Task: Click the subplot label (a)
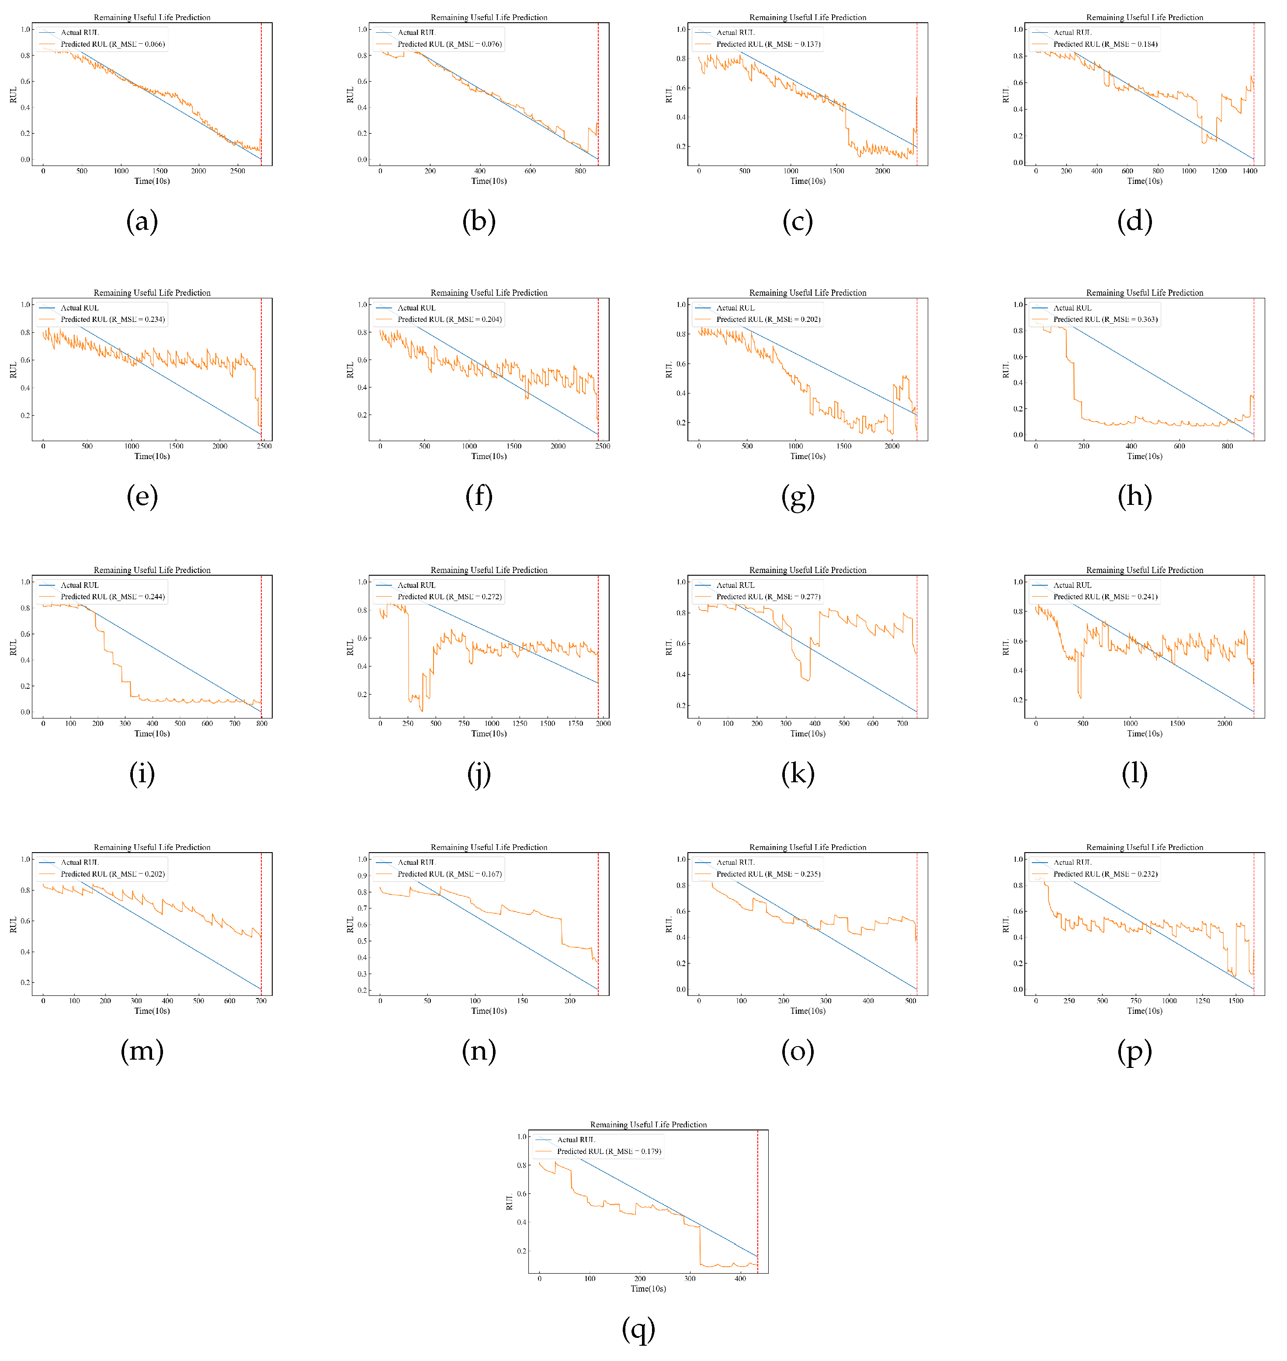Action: point(142,221)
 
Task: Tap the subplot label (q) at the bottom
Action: point(638,1330)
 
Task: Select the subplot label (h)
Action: point(1134,497)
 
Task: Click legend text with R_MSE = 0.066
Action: point(112,44)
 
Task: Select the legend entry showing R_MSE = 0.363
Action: point(1105,320)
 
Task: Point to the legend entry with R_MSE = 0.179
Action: point(608,1151)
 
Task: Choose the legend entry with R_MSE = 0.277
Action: point(768,597)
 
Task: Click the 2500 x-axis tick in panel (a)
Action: point(237,171)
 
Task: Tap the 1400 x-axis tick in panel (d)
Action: point(1250,171)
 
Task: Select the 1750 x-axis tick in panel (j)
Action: point(576,723)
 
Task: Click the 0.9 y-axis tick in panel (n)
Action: point(362,876)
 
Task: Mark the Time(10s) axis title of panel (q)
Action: point(648,1289)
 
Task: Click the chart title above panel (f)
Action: point(489,293)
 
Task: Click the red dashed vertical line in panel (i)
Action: point(261,645)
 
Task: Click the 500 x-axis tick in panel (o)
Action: point(910,1001)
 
